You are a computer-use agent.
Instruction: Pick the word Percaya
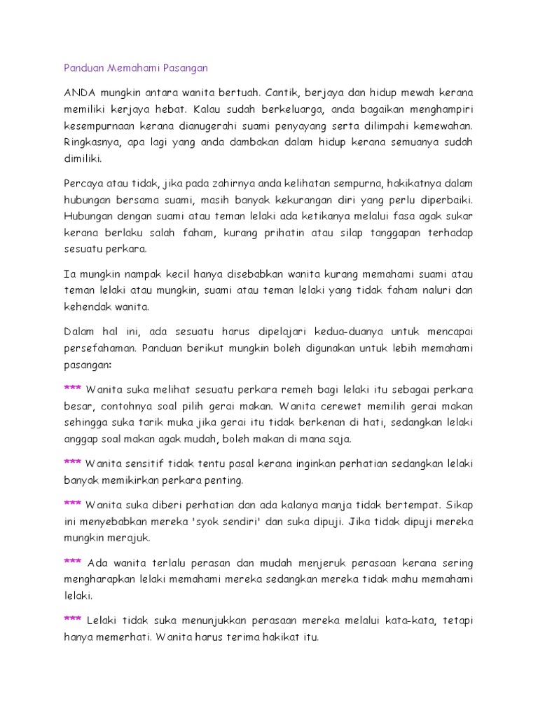[83, 183]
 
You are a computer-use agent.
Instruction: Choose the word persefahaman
[97, 348]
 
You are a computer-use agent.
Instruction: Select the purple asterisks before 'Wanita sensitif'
[72, 463]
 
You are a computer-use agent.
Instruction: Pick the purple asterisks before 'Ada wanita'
[72, 562]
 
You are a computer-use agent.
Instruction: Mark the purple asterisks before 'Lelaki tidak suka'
[72, 621]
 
